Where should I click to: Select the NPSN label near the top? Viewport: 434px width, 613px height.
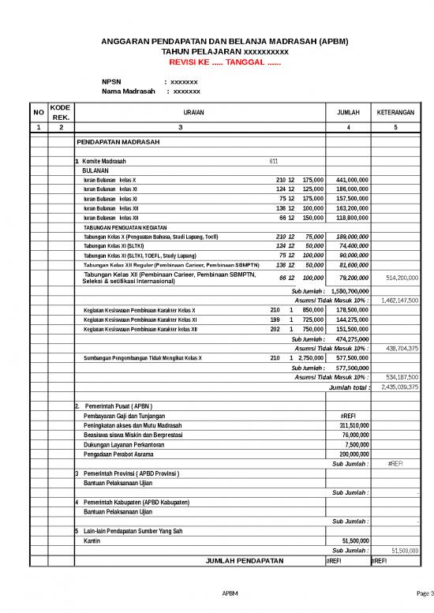pos(112,82)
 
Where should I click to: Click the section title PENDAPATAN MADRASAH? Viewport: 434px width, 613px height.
pos(118,143)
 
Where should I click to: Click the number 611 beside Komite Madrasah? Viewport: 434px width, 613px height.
pos(273,161)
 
